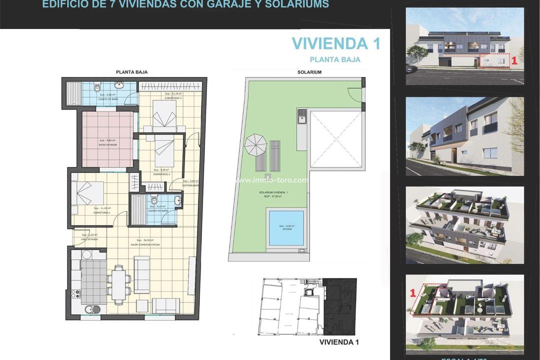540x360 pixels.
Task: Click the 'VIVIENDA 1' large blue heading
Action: [x=336, y=43]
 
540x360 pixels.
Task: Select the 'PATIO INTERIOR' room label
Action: [x=107, y=144]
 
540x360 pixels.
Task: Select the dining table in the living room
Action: [x=118, y=284]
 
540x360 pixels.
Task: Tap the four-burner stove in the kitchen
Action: [x=76, y=294]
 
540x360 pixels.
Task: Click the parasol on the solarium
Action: [x=255, y=145]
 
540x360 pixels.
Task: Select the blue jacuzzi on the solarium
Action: [x=286, y=228]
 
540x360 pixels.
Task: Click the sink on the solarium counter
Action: [x=301, y=119]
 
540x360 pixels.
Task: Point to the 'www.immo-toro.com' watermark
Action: [x=271, y=180]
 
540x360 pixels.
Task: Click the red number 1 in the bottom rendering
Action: [x=413, y=293]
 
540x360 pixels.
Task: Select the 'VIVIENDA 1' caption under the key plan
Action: [x=339, y=342]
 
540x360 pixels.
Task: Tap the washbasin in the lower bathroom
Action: [x=177, y=201]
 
